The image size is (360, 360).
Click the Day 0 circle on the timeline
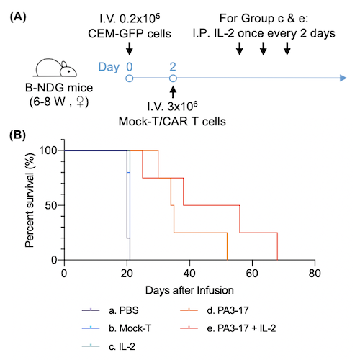(129, 78)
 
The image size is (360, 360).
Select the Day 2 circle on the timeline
(173, 78)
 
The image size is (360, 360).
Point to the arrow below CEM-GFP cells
(129, 49)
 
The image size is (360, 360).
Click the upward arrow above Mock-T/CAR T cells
(173, 92)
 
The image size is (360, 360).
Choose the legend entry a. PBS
(120, 312)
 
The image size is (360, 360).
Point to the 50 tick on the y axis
(63, 205)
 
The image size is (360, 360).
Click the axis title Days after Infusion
(189, 289)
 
